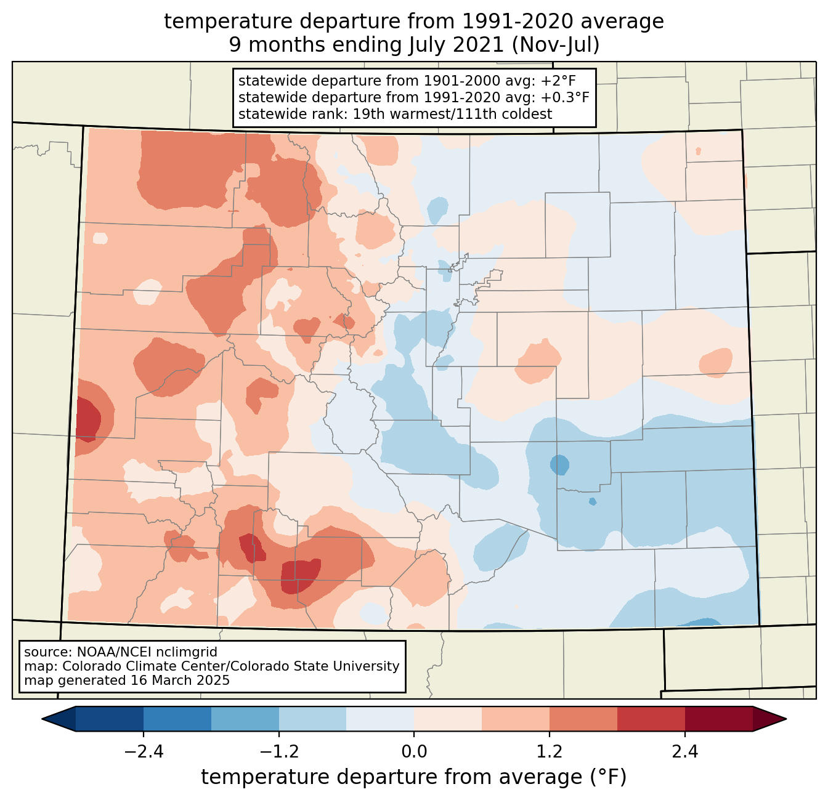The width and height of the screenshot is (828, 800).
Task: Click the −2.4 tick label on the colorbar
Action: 144,752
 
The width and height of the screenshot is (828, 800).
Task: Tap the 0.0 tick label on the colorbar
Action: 414,752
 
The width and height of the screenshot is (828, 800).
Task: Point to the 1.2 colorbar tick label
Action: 550,752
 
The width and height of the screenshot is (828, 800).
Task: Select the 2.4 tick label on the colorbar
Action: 684,752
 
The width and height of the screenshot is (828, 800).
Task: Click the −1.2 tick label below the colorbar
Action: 279,752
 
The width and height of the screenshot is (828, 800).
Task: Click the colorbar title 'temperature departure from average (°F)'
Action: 414,777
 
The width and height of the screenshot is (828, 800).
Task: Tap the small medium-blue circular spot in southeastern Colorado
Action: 559,464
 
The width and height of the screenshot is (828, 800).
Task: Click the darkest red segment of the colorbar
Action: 718,719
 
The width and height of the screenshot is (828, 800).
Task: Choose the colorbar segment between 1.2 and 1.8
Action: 583,719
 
